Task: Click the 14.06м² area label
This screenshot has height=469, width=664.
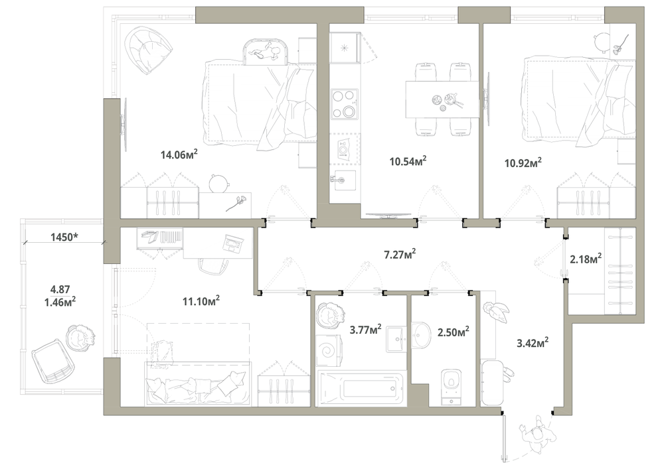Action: coord(179,154)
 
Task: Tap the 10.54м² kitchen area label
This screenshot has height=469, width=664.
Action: coord(408,161)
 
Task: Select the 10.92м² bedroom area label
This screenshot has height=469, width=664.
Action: coord(523,163)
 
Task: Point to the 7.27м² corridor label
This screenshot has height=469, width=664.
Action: coord(399,255)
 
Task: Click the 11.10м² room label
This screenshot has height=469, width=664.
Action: coord(201,301)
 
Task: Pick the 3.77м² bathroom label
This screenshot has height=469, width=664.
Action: coord(365,330)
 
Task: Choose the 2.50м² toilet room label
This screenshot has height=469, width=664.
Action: coord(453,332)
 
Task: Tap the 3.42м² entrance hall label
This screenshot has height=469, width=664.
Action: coord(533,342)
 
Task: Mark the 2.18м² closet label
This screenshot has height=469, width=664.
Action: coord(586,259)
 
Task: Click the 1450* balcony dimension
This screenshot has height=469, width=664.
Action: coord(64,237)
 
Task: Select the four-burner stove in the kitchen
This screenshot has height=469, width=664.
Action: coord(344,103)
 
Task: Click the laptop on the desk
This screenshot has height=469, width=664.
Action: coord(233,243)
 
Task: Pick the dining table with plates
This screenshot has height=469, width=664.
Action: coord(442,100)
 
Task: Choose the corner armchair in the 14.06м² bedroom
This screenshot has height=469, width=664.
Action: coord(148,49)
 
